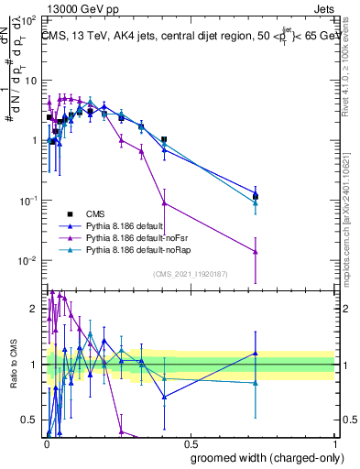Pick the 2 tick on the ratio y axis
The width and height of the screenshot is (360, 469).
click(x=35, y=309)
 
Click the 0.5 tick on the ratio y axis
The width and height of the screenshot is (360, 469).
click(x=30, y=420)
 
